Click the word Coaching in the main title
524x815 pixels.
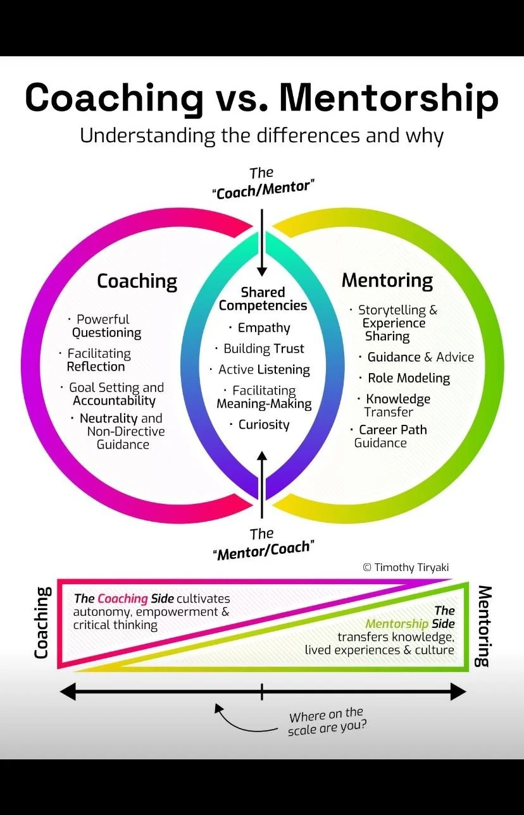114,98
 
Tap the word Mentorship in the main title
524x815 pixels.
389,98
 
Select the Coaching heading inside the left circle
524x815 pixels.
137,281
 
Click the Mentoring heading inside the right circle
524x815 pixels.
387,280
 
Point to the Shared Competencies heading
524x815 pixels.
263,299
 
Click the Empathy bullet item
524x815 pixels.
263,328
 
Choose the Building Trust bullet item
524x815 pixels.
263,349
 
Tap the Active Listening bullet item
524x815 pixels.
264,370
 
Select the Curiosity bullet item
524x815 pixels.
263,425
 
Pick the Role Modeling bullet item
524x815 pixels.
408,378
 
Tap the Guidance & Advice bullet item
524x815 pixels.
420,357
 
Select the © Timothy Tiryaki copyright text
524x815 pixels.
406,567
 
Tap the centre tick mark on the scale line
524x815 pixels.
262,692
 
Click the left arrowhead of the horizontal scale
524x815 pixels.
67,692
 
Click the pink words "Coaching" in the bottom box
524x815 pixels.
123,598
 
